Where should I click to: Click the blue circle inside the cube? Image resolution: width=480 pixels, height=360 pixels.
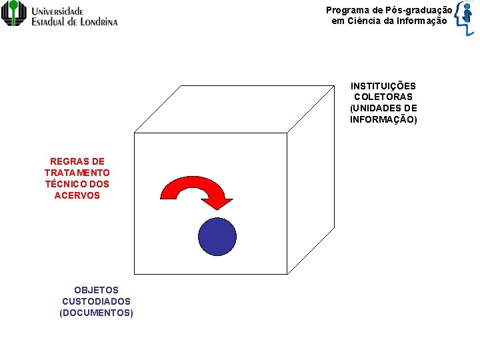pos(217,237)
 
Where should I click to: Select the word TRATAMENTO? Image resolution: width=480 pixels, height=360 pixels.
pos(77,173)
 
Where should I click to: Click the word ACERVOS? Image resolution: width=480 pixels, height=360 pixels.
pos(77,195)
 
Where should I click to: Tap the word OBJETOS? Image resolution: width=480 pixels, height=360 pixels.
pos(96,290)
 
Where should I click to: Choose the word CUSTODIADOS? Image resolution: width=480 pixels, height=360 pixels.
pos(96,301)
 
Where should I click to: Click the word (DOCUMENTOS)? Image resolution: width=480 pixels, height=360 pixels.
pos(96,313)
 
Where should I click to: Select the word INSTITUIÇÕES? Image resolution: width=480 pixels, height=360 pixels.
pos(383,86)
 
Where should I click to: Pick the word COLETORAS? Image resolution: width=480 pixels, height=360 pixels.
pos(383,97)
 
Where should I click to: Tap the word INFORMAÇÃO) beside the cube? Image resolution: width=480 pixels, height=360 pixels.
pos(383,120)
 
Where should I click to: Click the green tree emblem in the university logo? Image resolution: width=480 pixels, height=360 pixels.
pos(14,13)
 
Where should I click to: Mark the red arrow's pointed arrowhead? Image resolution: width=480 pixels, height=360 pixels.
pos(219,203)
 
